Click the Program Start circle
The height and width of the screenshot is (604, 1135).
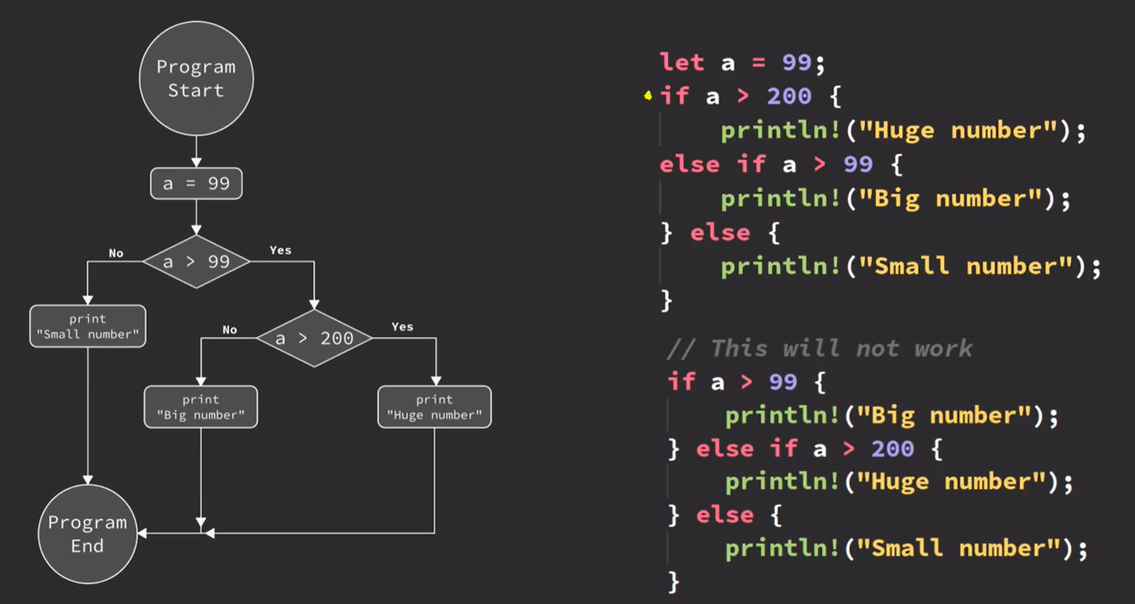[x=196, y=78]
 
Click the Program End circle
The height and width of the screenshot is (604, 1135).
[x=87, y=534]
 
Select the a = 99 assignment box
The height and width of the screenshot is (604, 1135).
[x=196, y=183]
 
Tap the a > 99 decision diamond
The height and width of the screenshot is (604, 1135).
[x=196, y=261]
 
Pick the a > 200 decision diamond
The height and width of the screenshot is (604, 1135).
[x=314, y=338]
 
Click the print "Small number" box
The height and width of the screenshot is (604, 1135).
[x=87, y=327]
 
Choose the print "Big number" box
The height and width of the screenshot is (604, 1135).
[x=201, y=407]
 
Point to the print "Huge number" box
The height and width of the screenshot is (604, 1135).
[x=435, y=407]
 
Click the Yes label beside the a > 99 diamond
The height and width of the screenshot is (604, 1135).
[x=281, y=250]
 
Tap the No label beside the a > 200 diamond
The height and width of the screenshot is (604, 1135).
[x=229, y=330]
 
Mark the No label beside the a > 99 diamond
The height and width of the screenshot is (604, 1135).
[x=116, y=253]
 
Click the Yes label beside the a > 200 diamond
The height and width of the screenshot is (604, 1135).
[x=402, y=327]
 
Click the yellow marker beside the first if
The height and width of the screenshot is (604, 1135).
[x=648, y=95]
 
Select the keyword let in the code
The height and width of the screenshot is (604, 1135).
[x=681, y=62]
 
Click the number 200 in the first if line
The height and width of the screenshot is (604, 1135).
[x=789, y=96]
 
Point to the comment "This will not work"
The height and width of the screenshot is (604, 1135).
[x=819, y=348]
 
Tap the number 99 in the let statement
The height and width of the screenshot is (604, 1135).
[x=796, y=62]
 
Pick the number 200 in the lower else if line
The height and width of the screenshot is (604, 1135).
[x=892, y=448]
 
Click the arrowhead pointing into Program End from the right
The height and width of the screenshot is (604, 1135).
[x=143, y=534]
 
